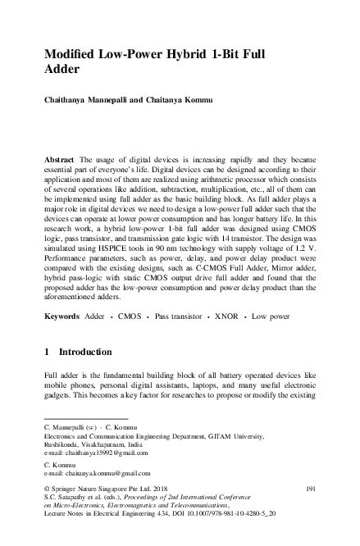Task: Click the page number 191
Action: (309, 488)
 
